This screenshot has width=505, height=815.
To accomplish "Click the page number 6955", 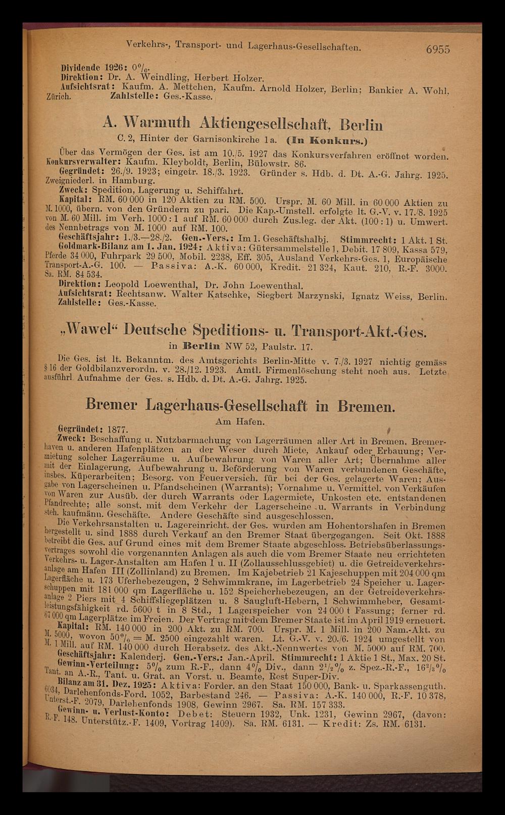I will coord(437,49).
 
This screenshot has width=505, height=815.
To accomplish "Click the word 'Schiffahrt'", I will coord(221,190).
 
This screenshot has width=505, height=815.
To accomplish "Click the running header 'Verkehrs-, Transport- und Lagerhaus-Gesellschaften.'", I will coord(244,47).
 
